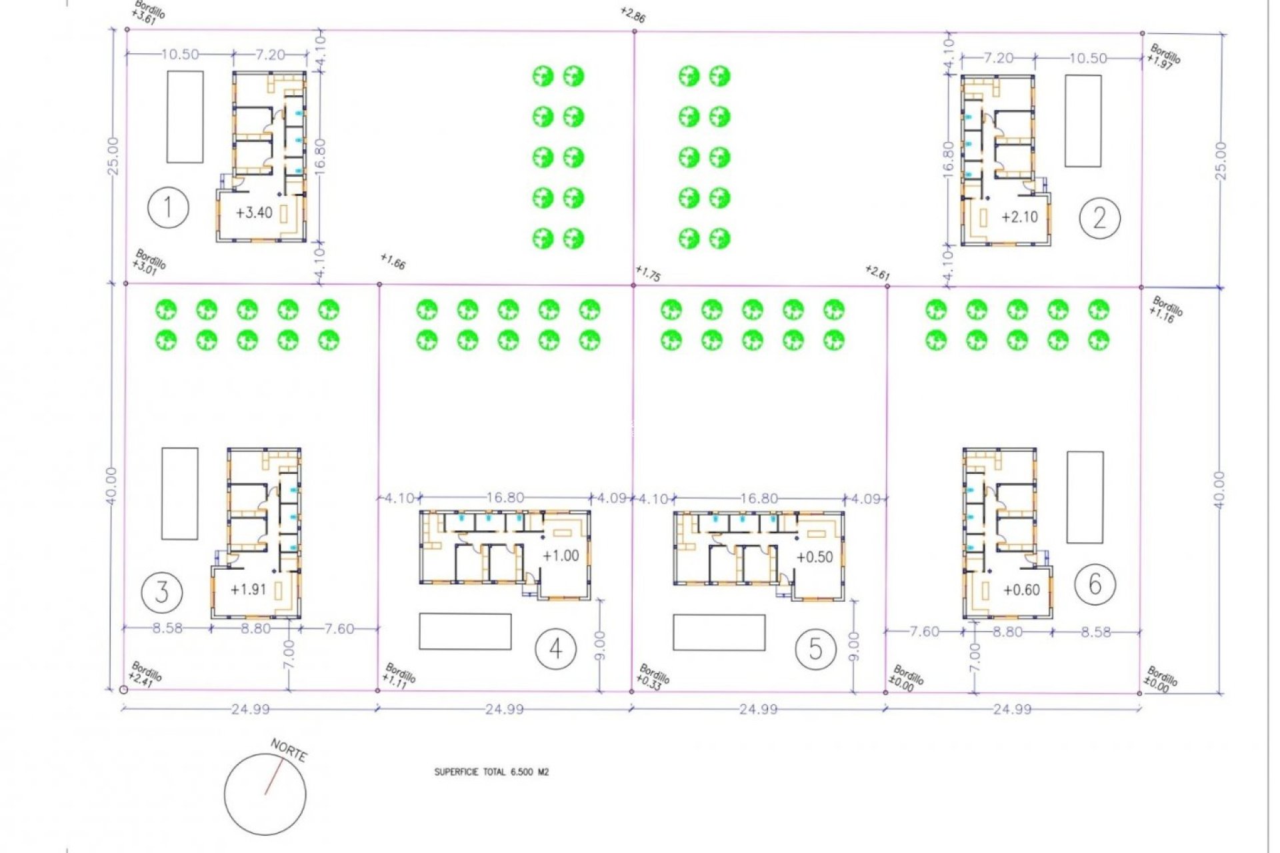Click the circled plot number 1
[168, 208]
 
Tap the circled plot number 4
[555, 648]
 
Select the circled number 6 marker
[1095, 584]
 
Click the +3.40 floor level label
[254, 213]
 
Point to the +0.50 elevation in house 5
[815, 557]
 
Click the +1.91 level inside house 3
[248, 590]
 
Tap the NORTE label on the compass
[289, 750]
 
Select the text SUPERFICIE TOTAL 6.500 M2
[491, 772]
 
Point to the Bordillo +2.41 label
[145, 674]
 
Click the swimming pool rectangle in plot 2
[1083, 121]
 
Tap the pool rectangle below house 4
[465, 632]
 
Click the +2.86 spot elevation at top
[632, 15]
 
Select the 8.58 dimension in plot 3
[167, 628]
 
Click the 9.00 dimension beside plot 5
[854, 646]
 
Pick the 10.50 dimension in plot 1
[180, 55]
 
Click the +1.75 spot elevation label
[647, 273]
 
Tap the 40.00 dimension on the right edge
[1219, 490]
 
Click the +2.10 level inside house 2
[1019, 217]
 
